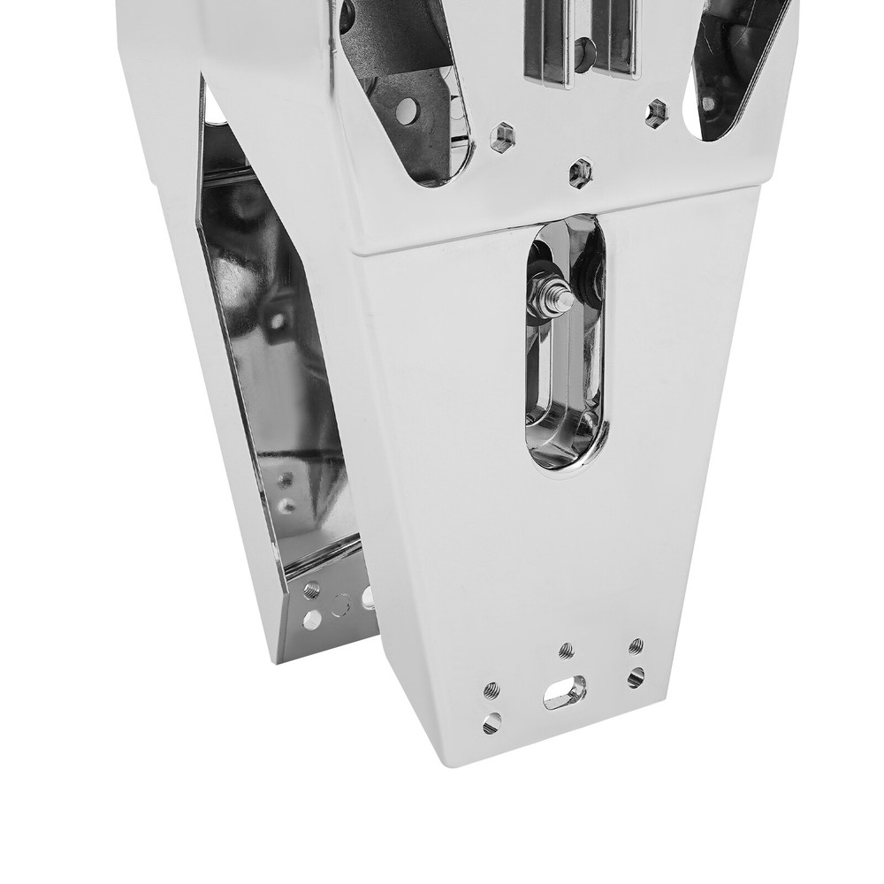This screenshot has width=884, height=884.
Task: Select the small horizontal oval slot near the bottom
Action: pos(565,691)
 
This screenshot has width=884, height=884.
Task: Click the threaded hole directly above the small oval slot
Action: pos(567,651)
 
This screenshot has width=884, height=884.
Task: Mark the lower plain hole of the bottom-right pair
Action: pos(636,678)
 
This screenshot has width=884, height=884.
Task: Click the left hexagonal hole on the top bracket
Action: pos(503,137)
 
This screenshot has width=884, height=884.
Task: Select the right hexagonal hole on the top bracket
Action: pos(657,112)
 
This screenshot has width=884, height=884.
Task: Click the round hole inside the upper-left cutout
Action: pos(407,110)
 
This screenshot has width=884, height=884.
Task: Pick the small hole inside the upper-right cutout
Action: pos(709,103)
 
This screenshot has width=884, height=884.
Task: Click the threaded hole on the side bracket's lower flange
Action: pos(312,590)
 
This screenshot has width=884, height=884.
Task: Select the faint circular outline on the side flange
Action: pos(340,606)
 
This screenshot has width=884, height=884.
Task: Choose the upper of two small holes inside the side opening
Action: pos(286,481)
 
